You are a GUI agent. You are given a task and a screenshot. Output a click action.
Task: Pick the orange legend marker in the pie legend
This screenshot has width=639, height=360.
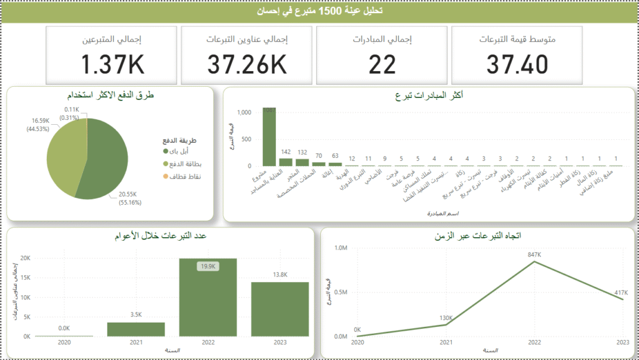166,177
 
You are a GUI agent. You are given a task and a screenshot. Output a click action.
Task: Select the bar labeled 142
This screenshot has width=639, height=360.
286,162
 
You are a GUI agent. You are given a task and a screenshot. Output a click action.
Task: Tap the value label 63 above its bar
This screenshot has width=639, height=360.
336,156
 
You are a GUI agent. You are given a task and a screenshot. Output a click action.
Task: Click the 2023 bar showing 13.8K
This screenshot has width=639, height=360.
280,309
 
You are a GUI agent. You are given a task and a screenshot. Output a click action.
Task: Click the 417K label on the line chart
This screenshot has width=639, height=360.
622,292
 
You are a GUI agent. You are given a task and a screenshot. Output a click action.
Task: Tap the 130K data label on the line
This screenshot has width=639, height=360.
446,318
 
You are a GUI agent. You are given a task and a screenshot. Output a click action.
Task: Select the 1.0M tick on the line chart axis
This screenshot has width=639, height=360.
341,248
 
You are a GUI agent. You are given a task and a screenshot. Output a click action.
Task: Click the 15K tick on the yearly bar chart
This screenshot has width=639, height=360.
24,278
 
